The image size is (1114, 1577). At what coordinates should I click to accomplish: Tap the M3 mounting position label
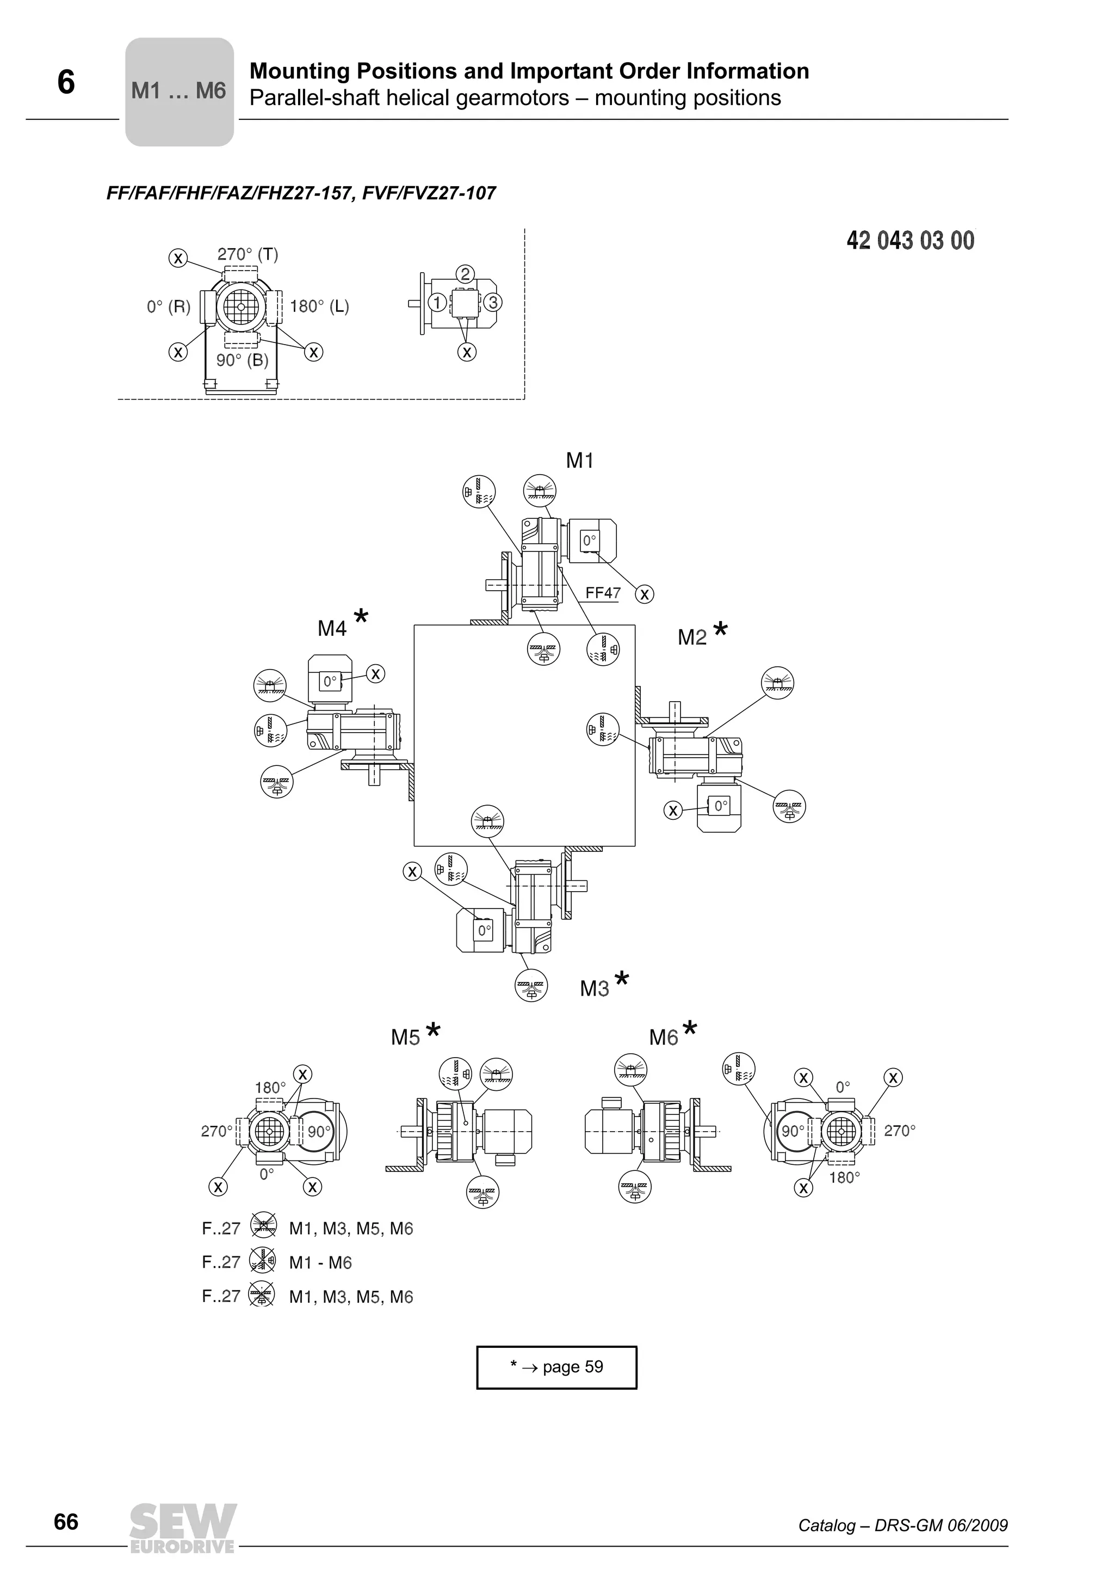pos(595,989)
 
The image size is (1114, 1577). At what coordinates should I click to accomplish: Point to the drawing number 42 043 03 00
pos(910,241)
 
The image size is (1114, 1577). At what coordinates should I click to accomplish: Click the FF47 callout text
pos(603,593)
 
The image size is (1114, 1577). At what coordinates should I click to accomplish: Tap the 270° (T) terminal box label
pos(248,254)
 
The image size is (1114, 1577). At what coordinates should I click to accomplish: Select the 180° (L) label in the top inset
pos(319,306)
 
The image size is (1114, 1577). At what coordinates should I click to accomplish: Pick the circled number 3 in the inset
pos(492,302)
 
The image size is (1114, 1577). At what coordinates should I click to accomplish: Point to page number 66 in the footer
pos(66,1522)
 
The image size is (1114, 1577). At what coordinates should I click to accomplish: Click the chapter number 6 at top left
pos(66,82)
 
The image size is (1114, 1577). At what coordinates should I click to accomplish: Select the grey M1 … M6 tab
pos(178,91)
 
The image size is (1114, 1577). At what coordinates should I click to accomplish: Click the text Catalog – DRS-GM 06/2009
pos(902,1525)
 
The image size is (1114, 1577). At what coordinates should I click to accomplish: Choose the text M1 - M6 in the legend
pos(320,1262)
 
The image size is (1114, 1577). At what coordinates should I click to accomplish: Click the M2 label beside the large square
pos(692,637)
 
